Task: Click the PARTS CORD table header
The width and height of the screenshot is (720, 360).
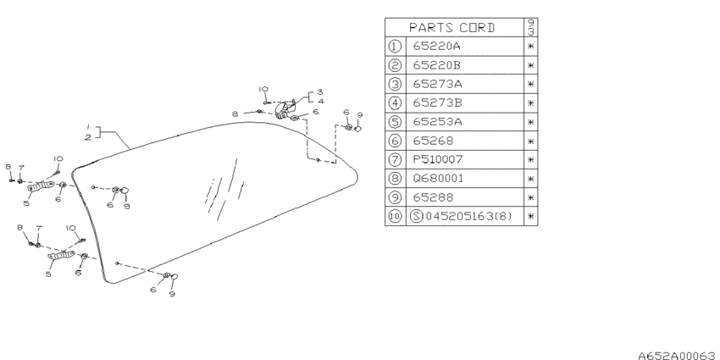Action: click(451, 28)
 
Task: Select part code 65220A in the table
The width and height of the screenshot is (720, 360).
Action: click(437, 47)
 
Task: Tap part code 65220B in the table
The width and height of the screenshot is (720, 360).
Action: click(437, 65)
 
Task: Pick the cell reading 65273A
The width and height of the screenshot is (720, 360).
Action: click(438, 84)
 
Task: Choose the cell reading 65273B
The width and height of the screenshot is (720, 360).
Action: click(438, 102)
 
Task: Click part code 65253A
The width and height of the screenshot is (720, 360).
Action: click(438, 122)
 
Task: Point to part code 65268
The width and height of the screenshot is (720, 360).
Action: click(433, 141)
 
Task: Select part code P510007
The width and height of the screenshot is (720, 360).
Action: click(438, 159)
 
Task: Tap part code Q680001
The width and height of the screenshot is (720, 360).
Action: click(439, 178)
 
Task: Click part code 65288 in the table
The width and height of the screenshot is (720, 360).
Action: click(433, 197)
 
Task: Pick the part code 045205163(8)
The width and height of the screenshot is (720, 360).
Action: click(468, 216)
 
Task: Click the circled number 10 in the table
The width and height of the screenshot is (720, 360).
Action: click(395, 216)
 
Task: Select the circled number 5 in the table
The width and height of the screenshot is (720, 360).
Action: click(395, 122)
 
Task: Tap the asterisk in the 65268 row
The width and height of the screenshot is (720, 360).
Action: click(531, 141)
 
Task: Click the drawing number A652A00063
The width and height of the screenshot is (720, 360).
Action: click(678, 355)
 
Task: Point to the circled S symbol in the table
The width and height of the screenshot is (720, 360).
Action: click(416, 216)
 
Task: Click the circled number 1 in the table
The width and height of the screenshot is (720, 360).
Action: click(395, 47)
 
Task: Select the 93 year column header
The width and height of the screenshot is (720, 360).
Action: click(531, 28)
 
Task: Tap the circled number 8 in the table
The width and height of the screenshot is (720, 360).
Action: click(395, 178)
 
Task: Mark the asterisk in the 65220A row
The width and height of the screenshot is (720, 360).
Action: click(531, 47)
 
